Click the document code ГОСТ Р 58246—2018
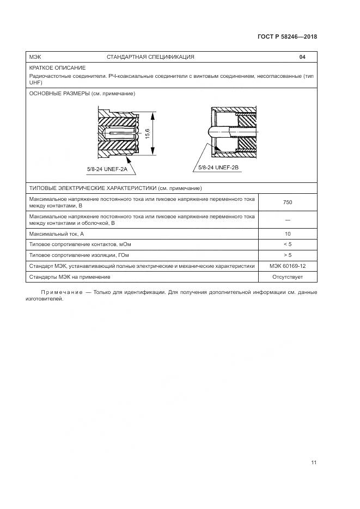click(286, 37)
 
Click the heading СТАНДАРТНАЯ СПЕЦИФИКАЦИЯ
click(150, 57)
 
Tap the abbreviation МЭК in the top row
click(35, 57)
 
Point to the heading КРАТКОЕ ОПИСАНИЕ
click(57, 68)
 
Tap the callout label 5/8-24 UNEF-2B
click(218, 168)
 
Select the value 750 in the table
click(288, 203)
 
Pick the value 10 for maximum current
click(288, 234)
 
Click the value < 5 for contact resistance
click(288, 244)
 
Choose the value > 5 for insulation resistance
click(288, 255)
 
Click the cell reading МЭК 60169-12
click(288, 266)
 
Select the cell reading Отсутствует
click(288, 277)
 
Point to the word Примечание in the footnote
click(60, 293)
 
